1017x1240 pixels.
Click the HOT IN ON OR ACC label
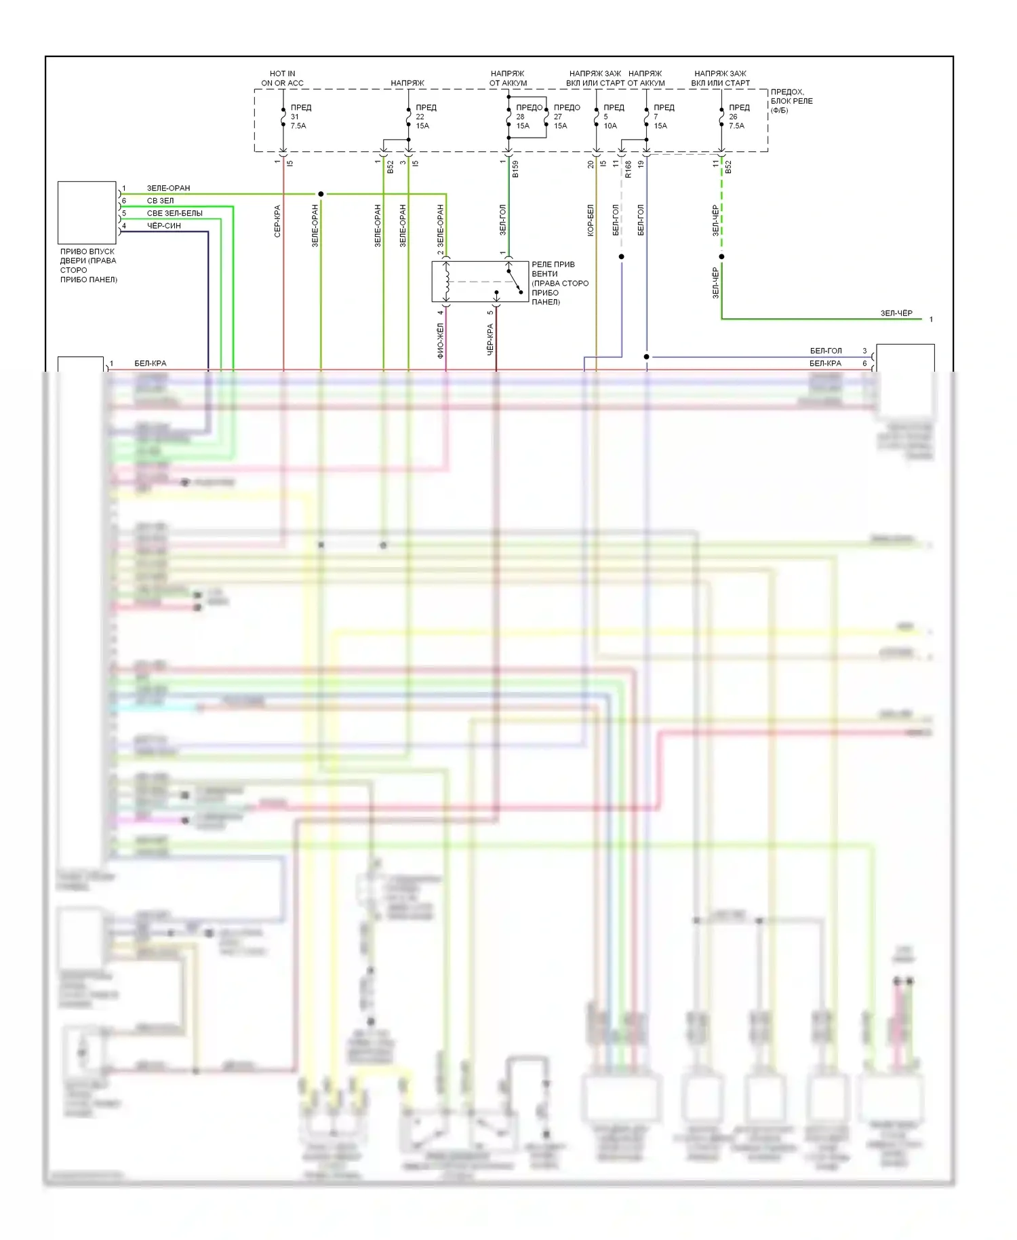282,78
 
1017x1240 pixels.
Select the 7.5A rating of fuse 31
298,126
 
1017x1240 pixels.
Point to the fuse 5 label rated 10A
613,117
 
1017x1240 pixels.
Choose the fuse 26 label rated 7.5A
738,117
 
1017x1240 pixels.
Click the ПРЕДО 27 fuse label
566,117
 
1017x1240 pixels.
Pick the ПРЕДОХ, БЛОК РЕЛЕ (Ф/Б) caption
791,101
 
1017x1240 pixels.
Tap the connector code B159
515,170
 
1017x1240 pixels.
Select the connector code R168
629,170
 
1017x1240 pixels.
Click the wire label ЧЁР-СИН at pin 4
164,226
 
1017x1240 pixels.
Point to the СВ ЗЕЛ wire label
160,201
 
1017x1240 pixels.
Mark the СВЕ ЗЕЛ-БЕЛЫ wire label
174,213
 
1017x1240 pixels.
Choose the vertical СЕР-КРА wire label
277,221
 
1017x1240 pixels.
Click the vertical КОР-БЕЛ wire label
591,220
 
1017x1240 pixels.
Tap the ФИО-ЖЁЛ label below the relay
440,341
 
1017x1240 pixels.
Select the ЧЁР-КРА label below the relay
490,340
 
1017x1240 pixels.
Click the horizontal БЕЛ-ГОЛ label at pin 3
825,351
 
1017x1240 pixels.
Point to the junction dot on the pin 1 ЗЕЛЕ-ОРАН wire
321,194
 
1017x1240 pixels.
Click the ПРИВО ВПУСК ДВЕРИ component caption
88,265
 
